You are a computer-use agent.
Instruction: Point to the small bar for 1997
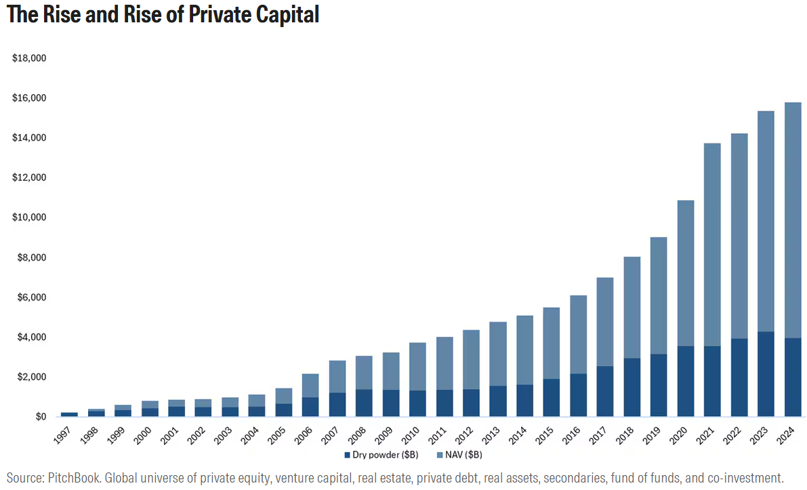[x=69, y=414]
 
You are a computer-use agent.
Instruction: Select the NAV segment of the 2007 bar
[x=337, y=376]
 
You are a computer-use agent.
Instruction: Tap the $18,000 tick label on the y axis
[x=29, y=58]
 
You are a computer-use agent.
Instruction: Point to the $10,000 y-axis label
[x=29, y=218]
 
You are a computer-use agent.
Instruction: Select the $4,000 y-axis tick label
[x=31, y=337]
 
